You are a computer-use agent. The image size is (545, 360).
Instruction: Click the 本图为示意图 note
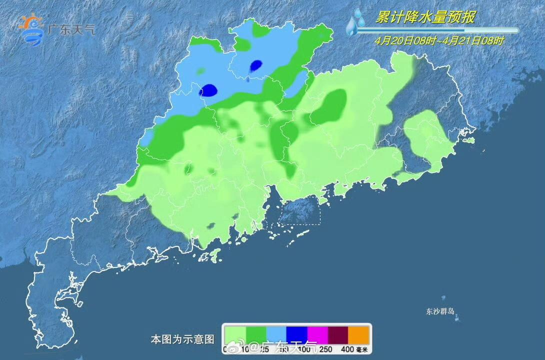click(182, 339)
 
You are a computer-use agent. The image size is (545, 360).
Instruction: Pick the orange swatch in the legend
click(358, 334)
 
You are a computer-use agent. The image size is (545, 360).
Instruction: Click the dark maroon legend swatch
click(337, 334)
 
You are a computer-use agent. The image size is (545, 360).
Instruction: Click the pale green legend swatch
click(234, 334)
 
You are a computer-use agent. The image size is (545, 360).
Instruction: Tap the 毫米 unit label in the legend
click(362, 349)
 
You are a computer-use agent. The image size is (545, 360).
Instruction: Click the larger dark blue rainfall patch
click(208, 90)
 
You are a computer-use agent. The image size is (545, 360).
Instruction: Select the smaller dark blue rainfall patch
click(256, 65)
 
